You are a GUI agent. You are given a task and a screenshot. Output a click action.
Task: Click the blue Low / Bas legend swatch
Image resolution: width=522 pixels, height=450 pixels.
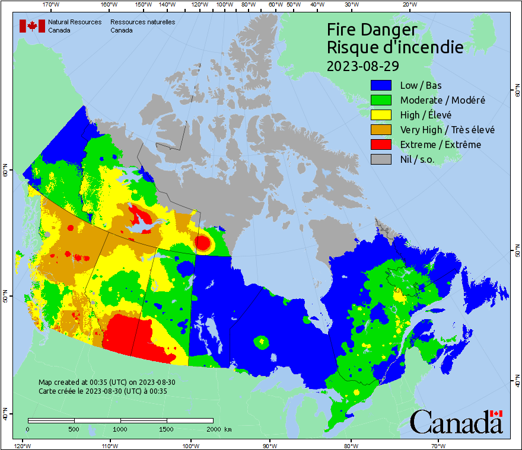click(x=381, y=85)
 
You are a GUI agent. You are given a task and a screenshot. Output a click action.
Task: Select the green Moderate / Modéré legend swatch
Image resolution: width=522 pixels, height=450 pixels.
click(x=381, y=100)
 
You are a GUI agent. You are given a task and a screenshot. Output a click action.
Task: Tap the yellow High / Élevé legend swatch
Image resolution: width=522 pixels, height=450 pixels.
click(x=381, y=115)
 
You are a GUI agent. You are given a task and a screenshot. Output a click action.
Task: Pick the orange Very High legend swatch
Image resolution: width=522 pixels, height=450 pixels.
click(x=381, y=130)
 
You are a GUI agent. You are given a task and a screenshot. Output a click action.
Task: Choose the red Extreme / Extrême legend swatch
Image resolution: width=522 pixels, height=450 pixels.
click(x=381, y=144)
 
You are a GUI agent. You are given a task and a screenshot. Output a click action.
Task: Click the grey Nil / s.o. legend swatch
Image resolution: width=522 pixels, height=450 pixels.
click(x=381, y=159)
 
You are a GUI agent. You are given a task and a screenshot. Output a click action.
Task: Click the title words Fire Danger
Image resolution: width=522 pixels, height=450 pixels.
click(x=372, y=30)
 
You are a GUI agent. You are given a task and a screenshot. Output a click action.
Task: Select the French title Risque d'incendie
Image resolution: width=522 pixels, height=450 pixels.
click(x=395, y=47)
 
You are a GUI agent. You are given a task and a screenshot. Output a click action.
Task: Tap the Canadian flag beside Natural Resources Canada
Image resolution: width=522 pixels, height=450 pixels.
click(x=32, y=26)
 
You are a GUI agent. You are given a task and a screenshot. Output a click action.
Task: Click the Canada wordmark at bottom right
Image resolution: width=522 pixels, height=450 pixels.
click(x=456, y=422)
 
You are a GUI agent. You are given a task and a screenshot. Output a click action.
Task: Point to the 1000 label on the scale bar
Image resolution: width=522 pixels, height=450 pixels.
click(x=120, y=429)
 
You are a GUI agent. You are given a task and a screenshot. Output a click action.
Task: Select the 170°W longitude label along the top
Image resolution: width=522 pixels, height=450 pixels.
click(x=51, y=5)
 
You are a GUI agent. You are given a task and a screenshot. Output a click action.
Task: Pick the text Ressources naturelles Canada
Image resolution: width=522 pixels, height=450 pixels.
click(x=142, y=26)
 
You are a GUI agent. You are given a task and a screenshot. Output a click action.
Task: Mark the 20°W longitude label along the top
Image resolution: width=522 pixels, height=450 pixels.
click(x=408, y=5)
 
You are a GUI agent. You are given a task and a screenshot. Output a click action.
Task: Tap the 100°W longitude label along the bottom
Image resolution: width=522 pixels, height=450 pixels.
click(x=190, y=445)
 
